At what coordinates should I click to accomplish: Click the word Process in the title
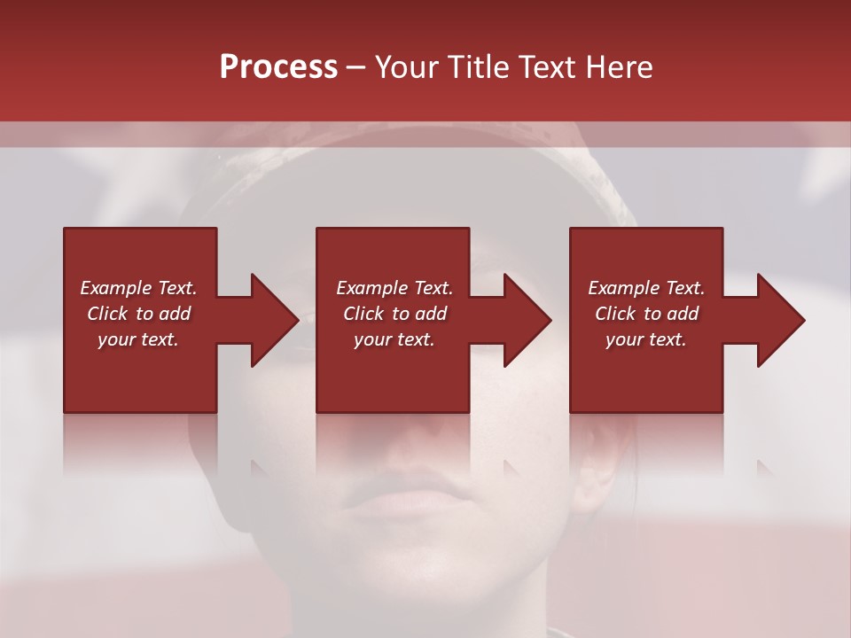pyautogui.click(x=278, y=67)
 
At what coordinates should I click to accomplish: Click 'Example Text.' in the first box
pyautogui.click(x=138, y=288)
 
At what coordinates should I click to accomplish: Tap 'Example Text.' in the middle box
pyautogui.click(x=394, y=288)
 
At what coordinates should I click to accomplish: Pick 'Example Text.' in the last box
pyautogui.click(x=646, y=288)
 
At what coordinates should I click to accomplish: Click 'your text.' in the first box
pyautogui.click(x=138, y=339)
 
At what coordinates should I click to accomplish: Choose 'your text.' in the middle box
pyautogui.click(x=394, y=339)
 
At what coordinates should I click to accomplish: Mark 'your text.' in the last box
pyautogui.click(x=646, y=339)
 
